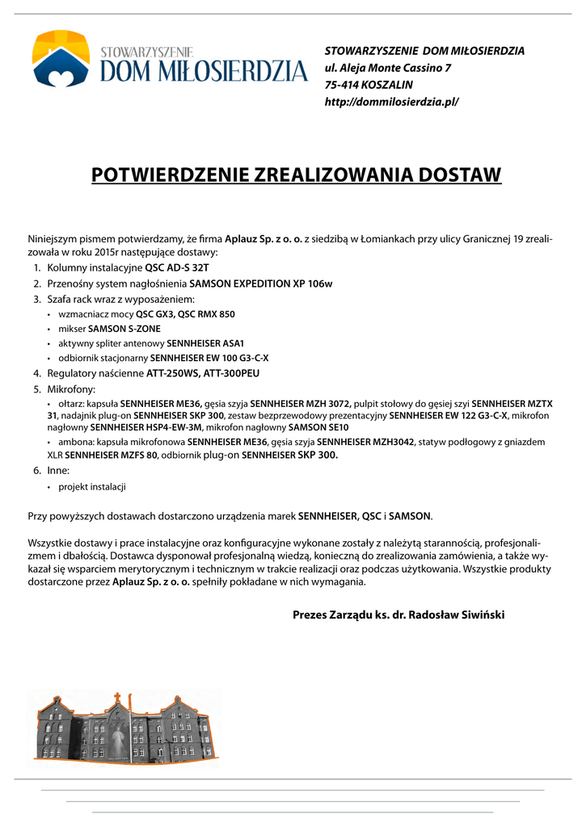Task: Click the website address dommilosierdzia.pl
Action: [x=391, y=102]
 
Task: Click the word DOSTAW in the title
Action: [x=457, y=174]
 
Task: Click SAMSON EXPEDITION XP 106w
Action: [x=261, y=283]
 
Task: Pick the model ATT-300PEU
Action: [x=232, y=373]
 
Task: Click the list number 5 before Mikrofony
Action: [x=36, y=388]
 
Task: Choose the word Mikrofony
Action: [x=71, y=388]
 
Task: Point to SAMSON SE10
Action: [x=318, y=426]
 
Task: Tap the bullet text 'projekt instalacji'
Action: [x=92, y=486]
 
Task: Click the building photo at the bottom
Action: [x=125, y=726]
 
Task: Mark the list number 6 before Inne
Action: [x=36, y=469]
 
